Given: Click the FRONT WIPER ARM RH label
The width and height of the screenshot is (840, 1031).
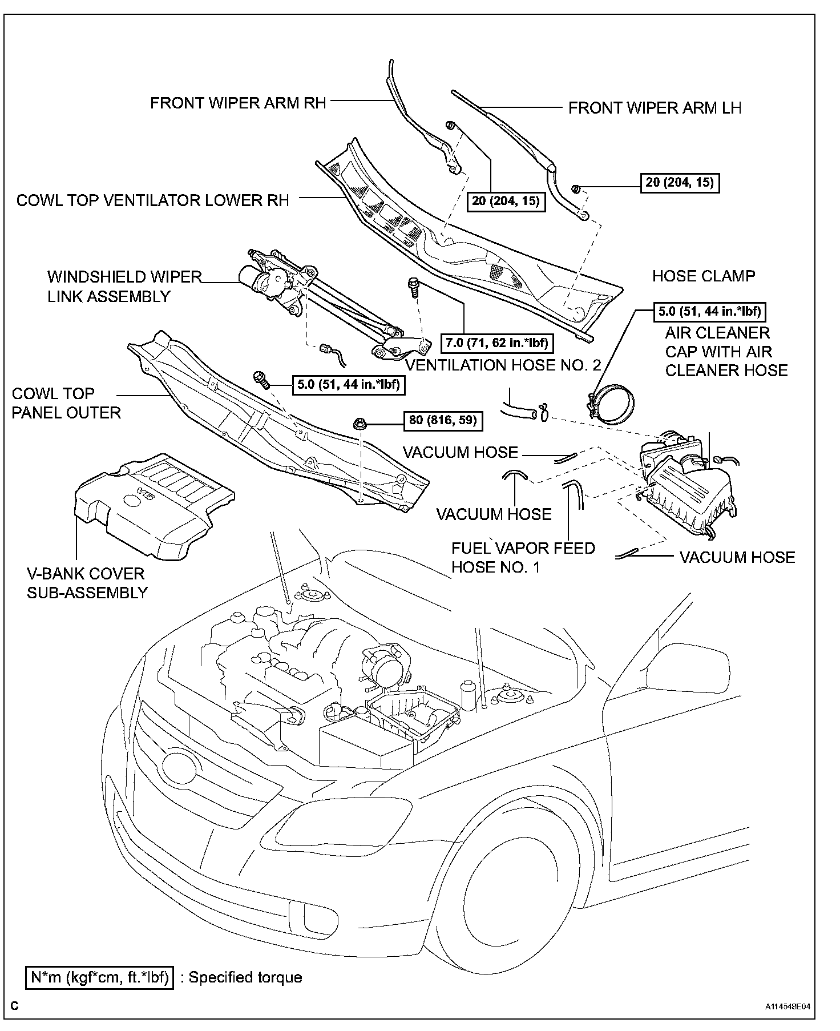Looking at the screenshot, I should tap(238, 103).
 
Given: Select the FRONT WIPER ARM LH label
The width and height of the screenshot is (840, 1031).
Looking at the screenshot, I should tap(655, 108).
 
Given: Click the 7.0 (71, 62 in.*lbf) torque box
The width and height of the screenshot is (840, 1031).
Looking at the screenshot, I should tap(496, 343).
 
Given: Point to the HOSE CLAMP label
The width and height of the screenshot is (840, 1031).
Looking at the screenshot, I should tap(703, 276).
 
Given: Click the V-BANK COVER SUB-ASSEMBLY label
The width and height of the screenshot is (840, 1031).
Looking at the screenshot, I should tap(87, 583).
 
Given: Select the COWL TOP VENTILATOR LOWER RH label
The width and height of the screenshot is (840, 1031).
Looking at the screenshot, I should tap(152, 200).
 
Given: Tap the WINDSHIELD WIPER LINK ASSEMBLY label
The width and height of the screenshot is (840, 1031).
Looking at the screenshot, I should tap(124, 287).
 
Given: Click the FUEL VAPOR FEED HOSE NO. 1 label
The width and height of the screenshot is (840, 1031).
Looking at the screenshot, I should tap(523, 558).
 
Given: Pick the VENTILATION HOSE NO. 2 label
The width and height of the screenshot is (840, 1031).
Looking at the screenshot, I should tap(503, 365).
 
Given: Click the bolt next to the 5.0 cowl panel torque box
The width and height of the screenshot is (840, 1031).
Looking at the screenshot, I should tap(261, 378).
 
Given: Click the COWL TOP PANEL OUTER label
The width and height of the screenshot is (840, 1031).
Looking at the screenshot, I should tap(66, 403).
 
